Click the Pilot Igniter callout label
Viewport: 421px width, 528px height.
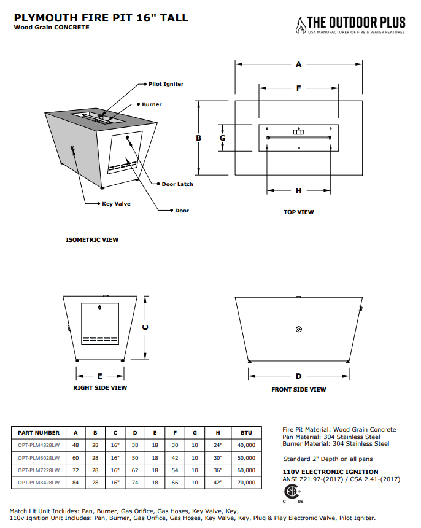[x=166, y=84]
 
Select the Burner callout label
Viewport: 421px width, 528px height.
[x=152, y=104]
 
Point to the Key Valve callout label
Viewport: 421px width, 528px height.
[x=116, y=204]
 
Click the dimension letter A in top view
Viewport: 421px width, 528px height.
[x=298, y=64]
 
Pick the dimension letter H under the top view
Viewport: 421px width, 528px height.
[x=298, y=191]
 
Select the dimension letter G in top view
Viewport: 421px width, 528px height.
[x=223, y=138]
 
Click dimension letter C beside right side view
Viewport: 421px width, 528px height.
[x=145, y=327]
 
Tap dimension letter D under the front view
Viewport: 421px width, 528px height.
[x=298, y=376]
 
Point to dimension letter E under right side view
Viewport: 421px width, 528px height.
[x=100, y=376]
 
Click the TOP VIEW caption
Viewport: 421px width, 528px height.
[x=298, y=212]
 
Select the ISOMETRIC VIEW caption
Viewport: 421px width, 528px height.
[x=92, y=239]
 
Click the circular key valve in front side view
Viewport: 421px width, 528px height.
[x=298, y=330]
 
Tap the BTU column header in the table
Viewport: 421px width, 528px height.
[x=246, y=433]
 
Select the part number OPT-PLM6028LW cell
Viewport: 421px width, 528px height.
[x=39, y=458]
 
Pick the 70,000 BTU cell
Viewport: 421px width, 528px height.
[x=246, y=483]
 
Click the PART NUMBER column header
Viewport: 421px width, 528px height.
[x=39, y=433]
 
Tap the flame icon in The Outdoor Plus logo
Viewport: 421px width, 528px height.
[x=300, y=24]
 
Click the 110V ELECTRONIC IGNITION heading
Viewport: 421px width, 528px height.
[x=322, y=472]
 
